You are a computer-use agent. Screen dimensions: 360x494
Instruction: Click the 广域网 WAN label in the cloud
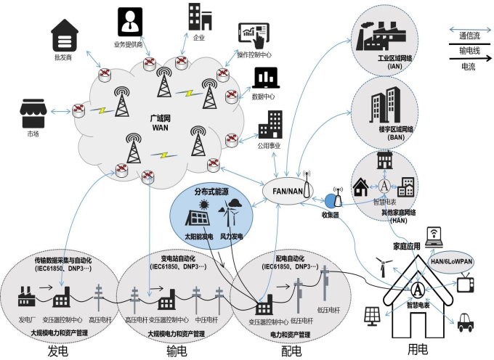pyautogui.click(x=160, y=123)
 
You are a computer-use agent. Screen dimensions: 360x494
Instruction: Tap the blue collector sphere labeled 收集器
pyautogui.click(x=333, y=200)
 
